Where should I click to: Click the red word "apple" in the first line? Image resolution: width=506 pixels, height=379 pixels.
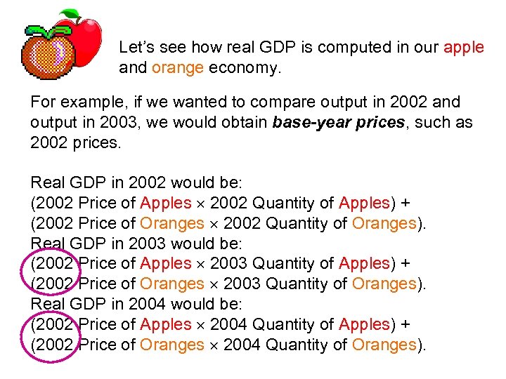click(464, 48)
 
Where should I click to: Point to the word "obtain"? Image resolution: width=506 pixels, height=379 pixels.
click(245, 122)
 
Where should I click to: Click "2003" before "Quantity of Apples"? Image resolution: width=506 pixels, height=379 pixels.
click(228, 264)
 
